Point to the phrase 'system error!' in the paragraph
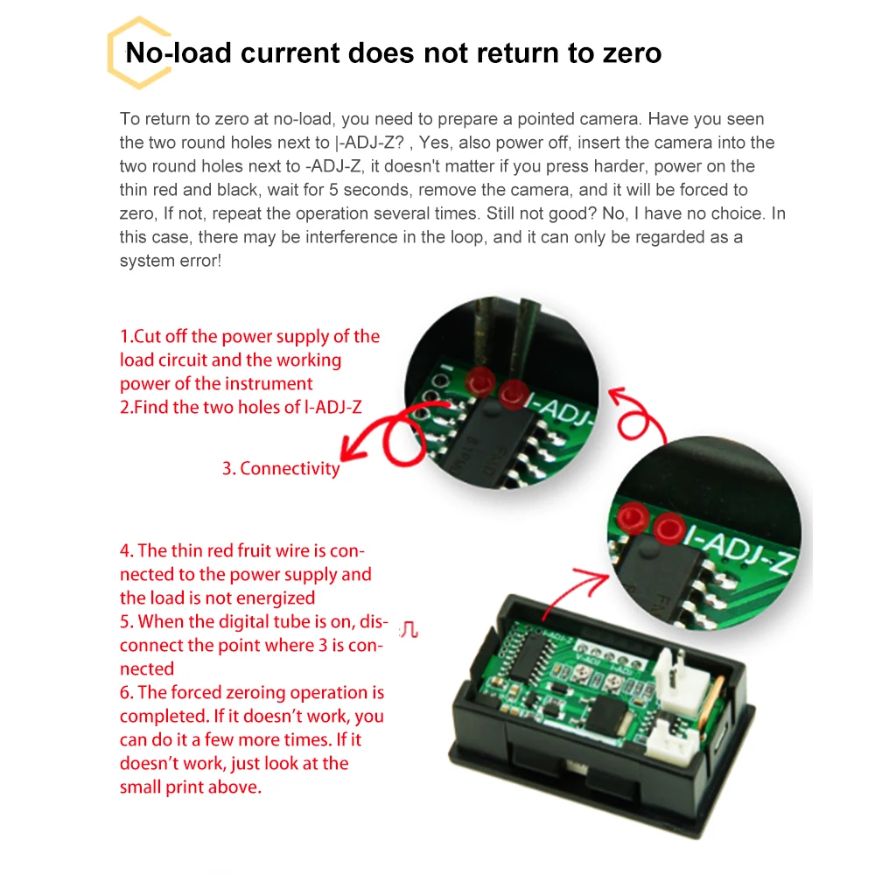tap(171, 261)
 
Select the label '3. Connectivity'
tap(281, 468)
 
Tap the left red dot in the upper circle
tap(478, 380)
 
